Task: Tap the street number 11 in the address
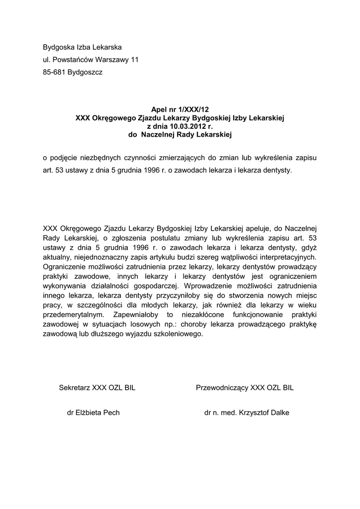tap(134, 60)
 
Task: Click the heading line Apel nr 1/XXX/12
tap(179, 110)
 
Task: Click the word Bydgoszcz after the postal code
tap(85, 72)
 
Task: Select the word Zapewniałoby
tap(136, 315)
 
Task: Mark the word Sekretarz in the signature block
tap(75, 388)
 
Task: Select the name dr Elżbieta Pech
tap(93, 413)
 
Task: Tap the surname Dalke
tap(279, 413)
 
